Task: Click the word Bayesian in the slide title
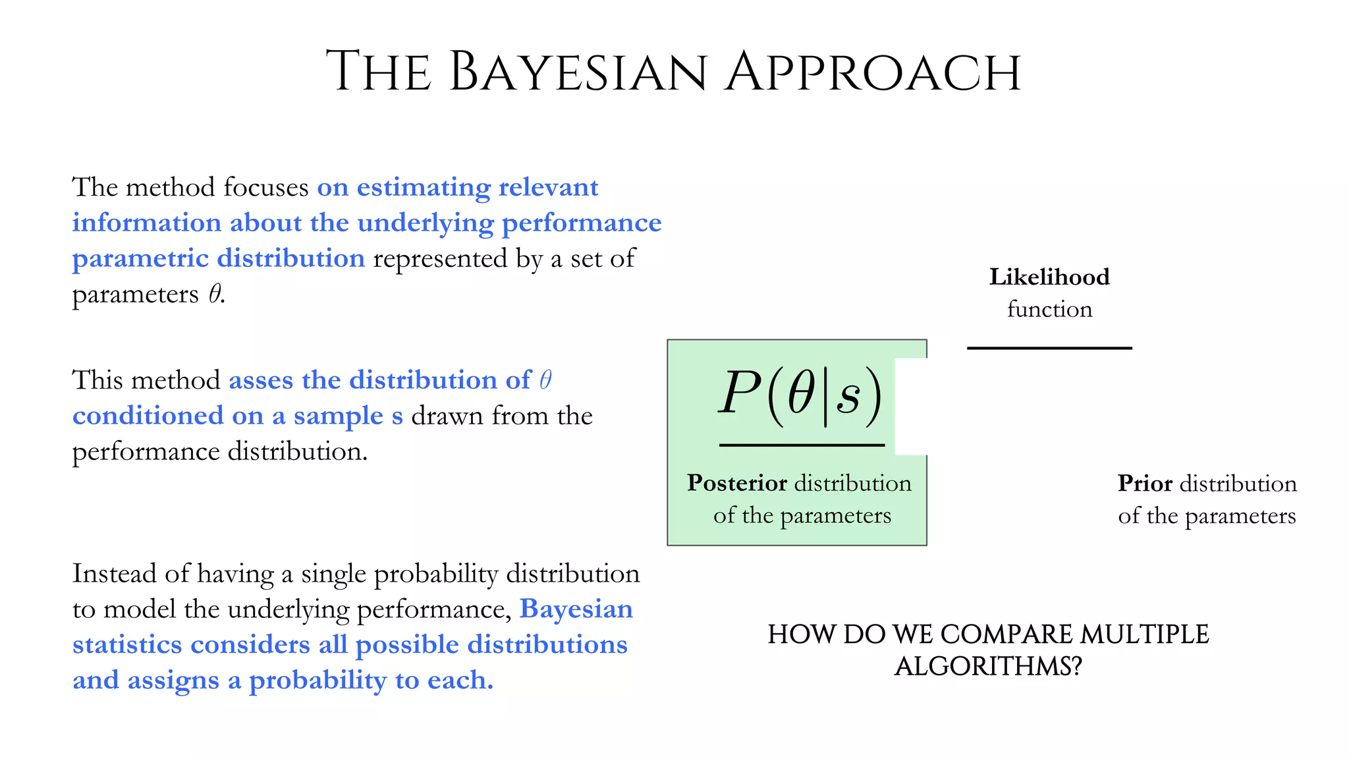pyautogui.click(x=578, y=72)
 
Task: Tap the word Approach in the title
pyautogui.click(x=873, y=72)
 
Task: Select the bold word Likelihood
pyautogui.click(x=1049, y=277)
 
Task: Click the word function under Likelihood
pyautogui.click(x=1049, y=309)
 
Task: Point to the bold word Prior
pyautogui.click(x=1145, y=484)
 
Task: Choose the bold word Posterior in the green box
pyautogui.click(x=736, y=483)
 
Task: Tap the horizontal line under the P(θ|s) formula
pyautogui.click(x=802, y=445)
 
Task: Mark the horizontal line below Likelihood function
pyautogui.click(x=1049, y=348)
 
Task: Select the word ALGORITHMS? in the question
pyautogui.click(x=988, y=667)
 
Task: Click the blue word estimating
pyautogui.click(x=424, y=188)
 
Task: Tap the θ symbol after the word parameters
pyautogui.click(x=215, y=294)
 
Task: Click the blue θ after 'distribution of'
pyautogui.click(x=545, y=380)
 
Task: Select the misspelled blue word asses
pyautogui.click(x=261, y=381)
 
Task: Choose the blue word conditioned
pyautogui.click(x=148, y=416)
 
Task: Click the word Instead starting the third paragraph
pyautogui.click(x=114, y=573)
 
